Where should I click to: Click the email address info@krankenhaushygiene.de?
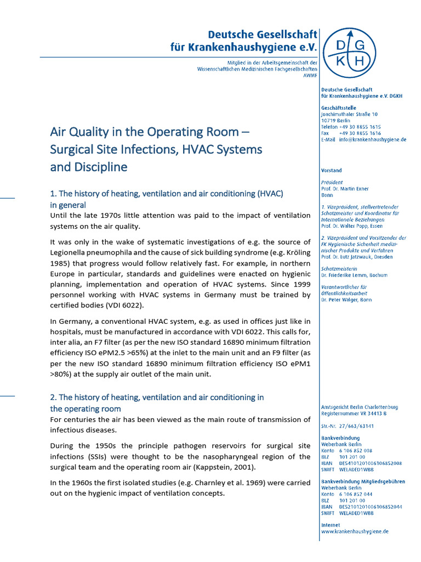[373, 140]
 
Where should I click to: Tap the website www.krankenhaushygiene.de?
[355, 531]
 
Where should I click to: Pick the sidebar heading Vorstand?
[332, 171]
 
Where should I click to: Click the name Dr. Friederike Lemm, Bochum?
[354, 275]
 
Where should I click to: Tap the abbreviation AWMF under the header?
[310, 75]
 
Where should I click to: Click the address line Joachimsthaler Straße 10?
[349, 114]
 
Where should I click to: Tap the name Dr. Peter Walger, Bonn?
[346, 300]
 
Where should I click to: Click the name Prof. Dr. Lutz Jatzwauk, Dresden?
[356, 256]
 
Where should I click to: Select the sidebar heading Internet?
[331, 525]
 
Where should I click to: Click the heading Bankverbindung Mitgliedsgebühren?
[363, 481]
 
